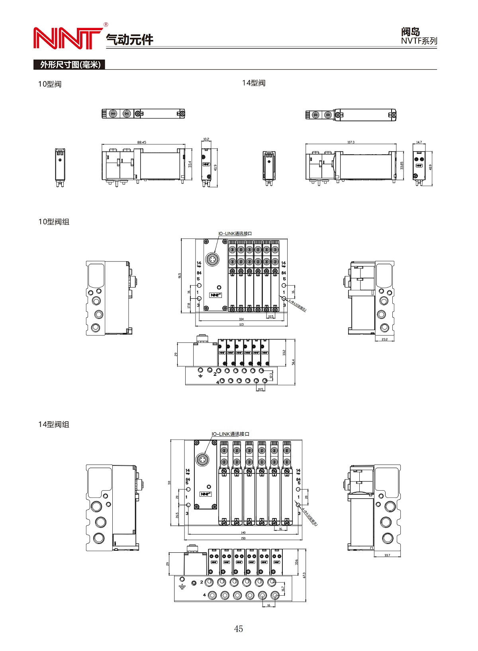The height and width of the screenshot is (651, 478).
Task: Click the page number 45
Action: tap(238, 628)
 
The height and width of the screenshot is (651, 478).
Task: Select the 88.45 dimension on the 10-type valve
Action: tap(141, 142)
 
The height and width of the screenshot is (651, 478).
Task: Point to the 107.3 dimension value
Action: tap(351, 142)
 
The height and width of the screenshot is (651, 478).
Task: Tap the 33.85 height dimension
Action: tap(402, 165)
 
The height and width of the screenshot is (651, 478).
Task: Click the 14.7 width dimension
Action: tap(419, 142)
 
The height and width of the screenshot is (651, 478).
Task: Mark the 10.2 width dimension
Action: tap(206, 139)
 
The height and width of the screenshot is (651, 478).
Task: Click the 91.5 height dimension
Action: tap(180, 275)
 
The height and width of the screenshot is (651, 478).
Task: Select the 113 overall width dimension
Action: tap(241, 325)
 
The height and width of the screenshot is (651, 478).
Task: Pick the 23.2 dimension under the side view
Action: tap(384, 339)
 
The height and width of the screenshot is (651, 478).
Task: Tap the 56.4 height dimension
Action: tap(294, 362)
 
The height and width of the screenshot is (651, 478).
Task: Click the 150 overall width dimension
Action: tap(243, 538)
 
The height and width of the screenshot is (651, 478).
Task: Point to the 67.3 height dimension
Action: tap(304, 575)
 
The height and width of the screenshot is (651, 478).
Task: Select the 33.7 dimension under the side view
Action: tap(387, 555)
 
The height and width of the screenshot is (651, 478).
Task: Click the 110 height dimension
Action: tap(169, 482)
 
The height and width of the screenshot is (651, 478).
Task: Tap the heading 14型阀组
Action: tap(54, 424)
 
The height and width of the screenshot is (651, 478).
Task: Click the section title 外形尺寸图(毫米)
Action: tap(70, 64)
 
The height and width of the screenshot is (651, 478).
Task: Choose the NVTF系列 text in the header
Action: tap(419, 41)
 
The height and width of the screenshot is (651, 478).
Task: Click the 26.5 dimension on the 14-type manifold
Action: tap(177, 515)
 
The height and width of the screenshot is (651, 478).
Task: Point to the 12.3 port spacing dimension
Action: tap(271, 375)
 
